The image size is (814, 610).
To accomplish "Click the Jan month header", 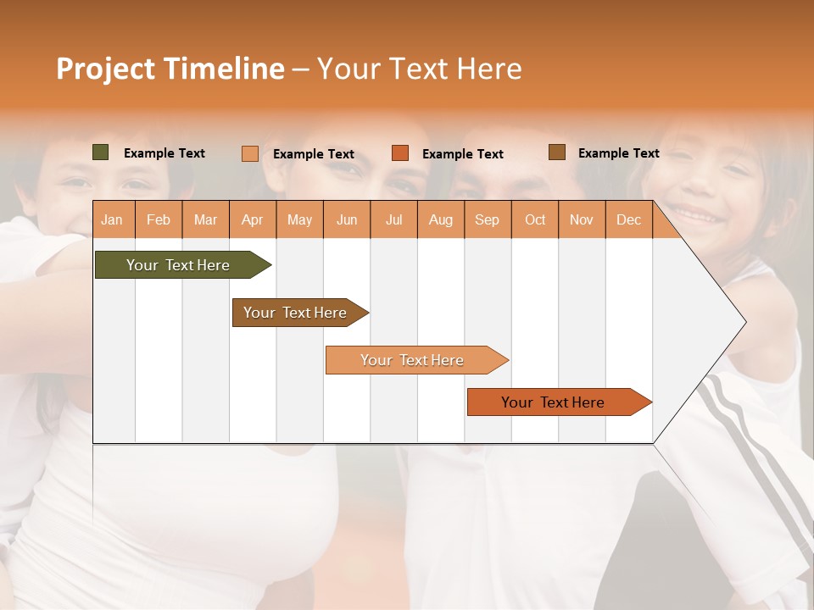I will [112, 219].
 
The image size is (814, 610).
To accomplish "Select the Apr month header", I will [252, 219].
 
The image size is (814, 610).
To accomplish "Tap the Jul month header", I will [393, 219].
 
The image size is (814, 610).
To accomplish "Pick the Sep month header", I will [487, 219].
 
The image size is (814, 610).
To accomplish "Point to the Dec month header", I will [628, 219].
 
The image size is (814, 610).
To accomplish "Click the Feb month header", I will [159, 219].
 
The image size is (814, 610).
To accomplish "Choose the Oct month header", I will [535, 219].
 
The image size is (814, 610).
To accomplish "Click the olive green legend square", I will [101, 152].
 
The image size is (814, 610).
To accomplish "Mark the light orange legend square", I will [250, 153].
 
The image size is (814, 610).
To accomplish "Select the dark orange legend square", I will [400, 153].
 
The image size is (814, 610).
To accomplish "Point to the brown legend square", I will [557, 152].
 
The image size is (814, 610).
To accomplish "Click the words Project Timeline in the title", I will [170, 69].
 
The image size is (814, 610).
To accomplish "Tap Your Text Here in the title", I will [419, 69].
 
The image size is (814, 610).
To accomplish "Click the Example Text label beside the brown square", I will [618, 153].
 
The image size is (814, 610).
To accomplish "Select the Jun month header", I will [347, 219].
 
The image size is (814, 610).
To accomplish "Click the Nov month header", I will [582, 219].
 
